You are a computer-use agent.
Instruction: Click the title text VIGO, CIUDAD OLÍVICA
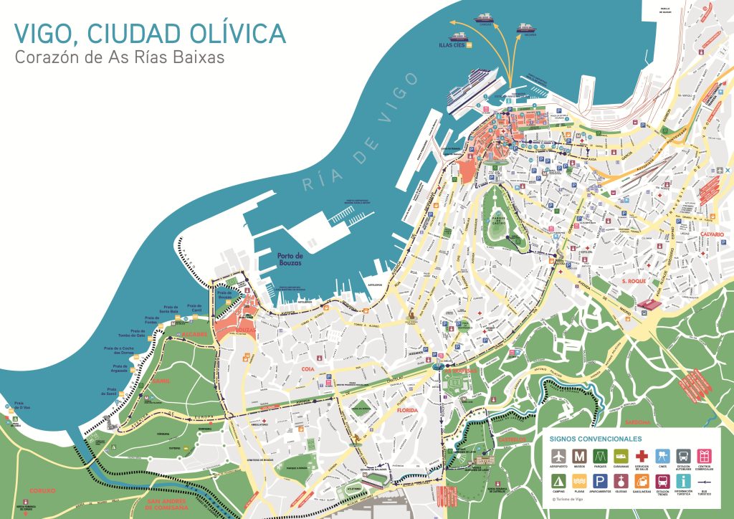pos(150,33)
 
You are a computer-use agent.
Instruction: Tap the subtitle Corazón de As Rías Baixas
pos(119,58)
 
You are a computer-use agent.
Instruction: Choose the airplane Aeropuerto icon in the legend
pos(558,455)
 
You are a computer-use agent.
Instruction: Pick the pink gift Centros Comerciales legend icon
pos(705,455)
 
